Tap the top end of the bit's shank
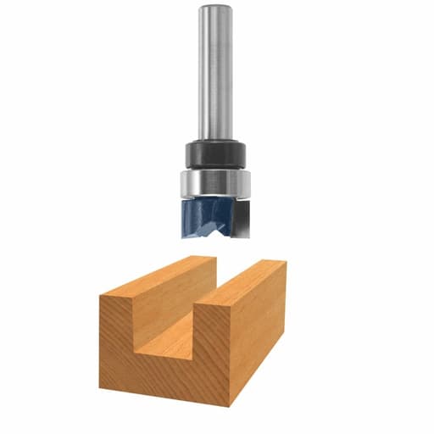tap(215, 8)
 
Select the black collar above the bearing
tap(215, 154)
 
